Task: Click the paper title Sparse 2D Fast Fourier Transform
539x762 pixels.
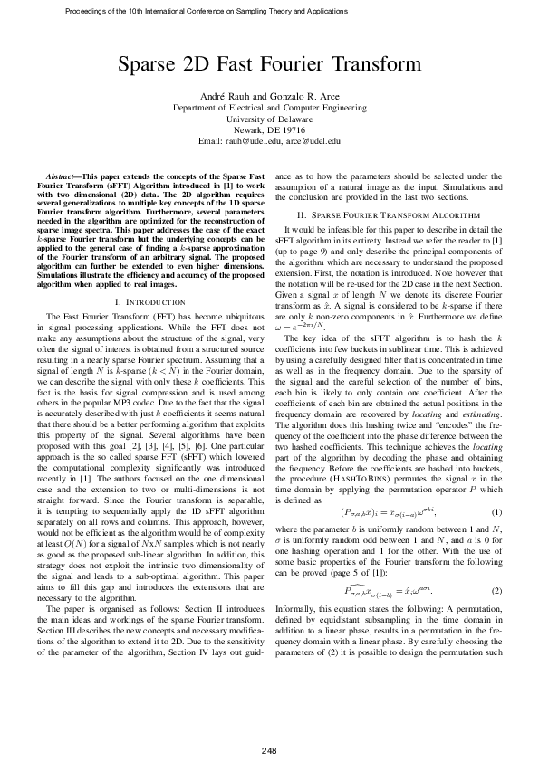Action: [269, 65]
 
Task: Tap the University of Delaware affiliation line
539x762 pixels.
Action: [269, 119]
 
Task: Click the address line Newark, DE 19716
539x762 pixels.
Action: [269, 129]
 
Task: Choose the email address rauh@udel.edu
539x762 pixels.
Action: [252, 141]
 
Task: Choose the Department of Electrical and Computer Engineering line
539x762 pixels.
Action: [269, 107]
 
